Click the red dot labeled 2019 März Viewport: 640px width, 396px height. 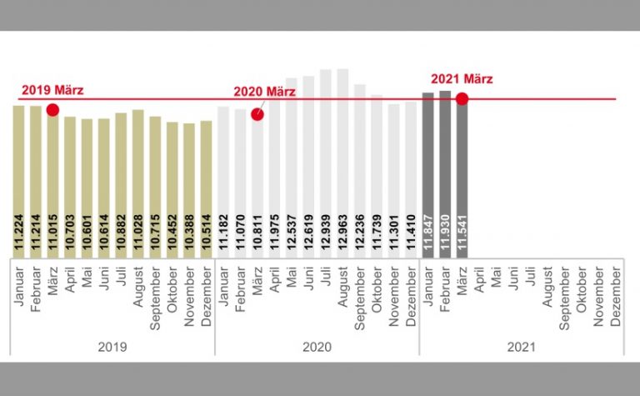tap(52, 110)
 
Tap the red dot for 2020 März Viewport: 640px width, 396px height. tap(257, 113)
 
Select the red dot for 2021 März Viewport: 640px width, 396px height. tap(462, 99)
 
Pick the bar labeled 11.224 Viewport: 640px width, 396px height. tap(18, 179)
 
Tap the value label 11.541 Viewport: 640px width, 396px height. tap(462, 229)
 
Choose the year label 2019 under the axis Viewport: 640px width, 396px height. tap(112, 346)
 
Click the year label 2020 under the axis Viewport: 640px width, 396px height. tap(317, 346)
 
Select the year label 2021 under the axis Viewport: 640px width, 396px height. tap(522, 346)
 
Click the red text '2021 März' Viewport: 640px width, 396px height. tap(462, 79)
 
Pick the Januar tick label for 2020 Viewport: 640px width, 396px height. tap(223, 287)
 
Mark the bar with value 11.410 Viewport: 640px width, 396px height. tap(411, 178)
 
